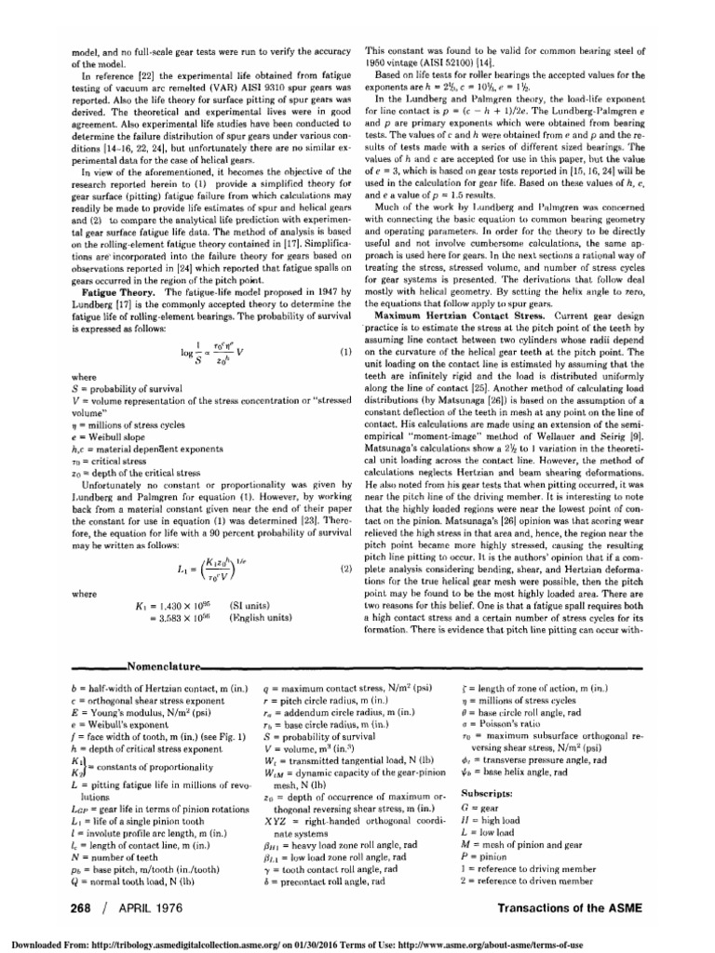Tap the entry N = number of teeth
click(x=92, y=851)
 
